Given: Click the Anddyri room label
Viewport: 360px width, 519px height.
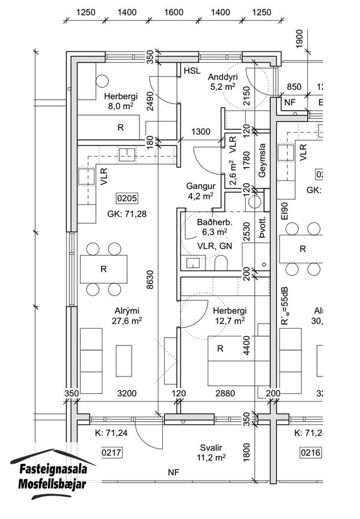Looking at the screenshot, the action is click(223, 77).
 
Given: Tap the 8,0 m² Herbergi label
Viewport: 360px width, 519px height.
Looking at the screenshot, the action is click(120, 101).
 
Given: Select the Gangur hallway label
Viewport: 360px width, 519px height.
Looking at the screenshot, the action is click(201, 186).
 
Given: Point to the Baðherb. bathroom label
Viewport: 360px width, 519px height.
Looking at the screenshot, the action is click(214, 222).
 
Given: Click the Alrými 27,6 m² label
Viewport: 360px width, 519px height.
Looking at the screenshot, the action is click(127, 315).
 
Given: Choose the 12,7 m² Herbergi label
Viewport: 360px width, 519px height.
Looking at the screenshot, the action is click(230, 315).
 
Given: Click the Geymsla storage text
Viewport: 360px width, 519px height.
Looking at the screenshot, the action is click(262, 160).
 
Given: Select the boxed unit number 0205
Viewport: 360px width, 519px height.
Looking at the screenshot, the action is click(127, 198).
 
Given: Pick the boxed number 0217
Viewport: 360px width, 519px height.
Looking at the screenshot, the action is click(111, 453).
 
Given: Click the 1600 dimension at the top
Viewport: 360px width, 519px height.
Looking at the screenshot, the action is click(174, 12).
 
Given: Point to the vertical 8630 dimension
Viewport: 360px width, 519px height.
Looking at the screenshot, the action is click(150, 280).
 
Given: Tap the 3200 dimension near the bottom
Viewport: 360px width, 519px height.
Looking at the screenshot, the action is click(127, 393).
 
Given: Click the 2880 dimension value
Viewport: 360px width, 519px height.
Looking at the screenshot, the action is click(225, 393).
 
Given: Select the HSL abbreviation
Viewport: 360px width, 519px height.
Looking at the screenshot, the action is click(192, 71).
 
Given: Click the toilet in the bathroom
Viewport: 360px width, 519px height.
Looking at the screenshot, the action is click(221, 263).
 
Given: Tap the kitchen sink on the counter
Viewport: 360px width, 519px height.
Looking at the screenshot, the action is click(127, 154).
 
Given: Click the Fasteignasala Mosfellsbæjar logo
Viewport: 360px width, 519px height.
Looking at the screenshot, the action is click(53, 474).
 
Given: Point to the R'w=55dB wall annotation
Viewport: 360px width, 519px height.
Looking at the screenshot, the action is click(285, 306).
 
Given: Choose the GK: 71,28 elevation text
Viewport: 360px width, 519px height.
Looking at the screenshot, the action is click(127, 214).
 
